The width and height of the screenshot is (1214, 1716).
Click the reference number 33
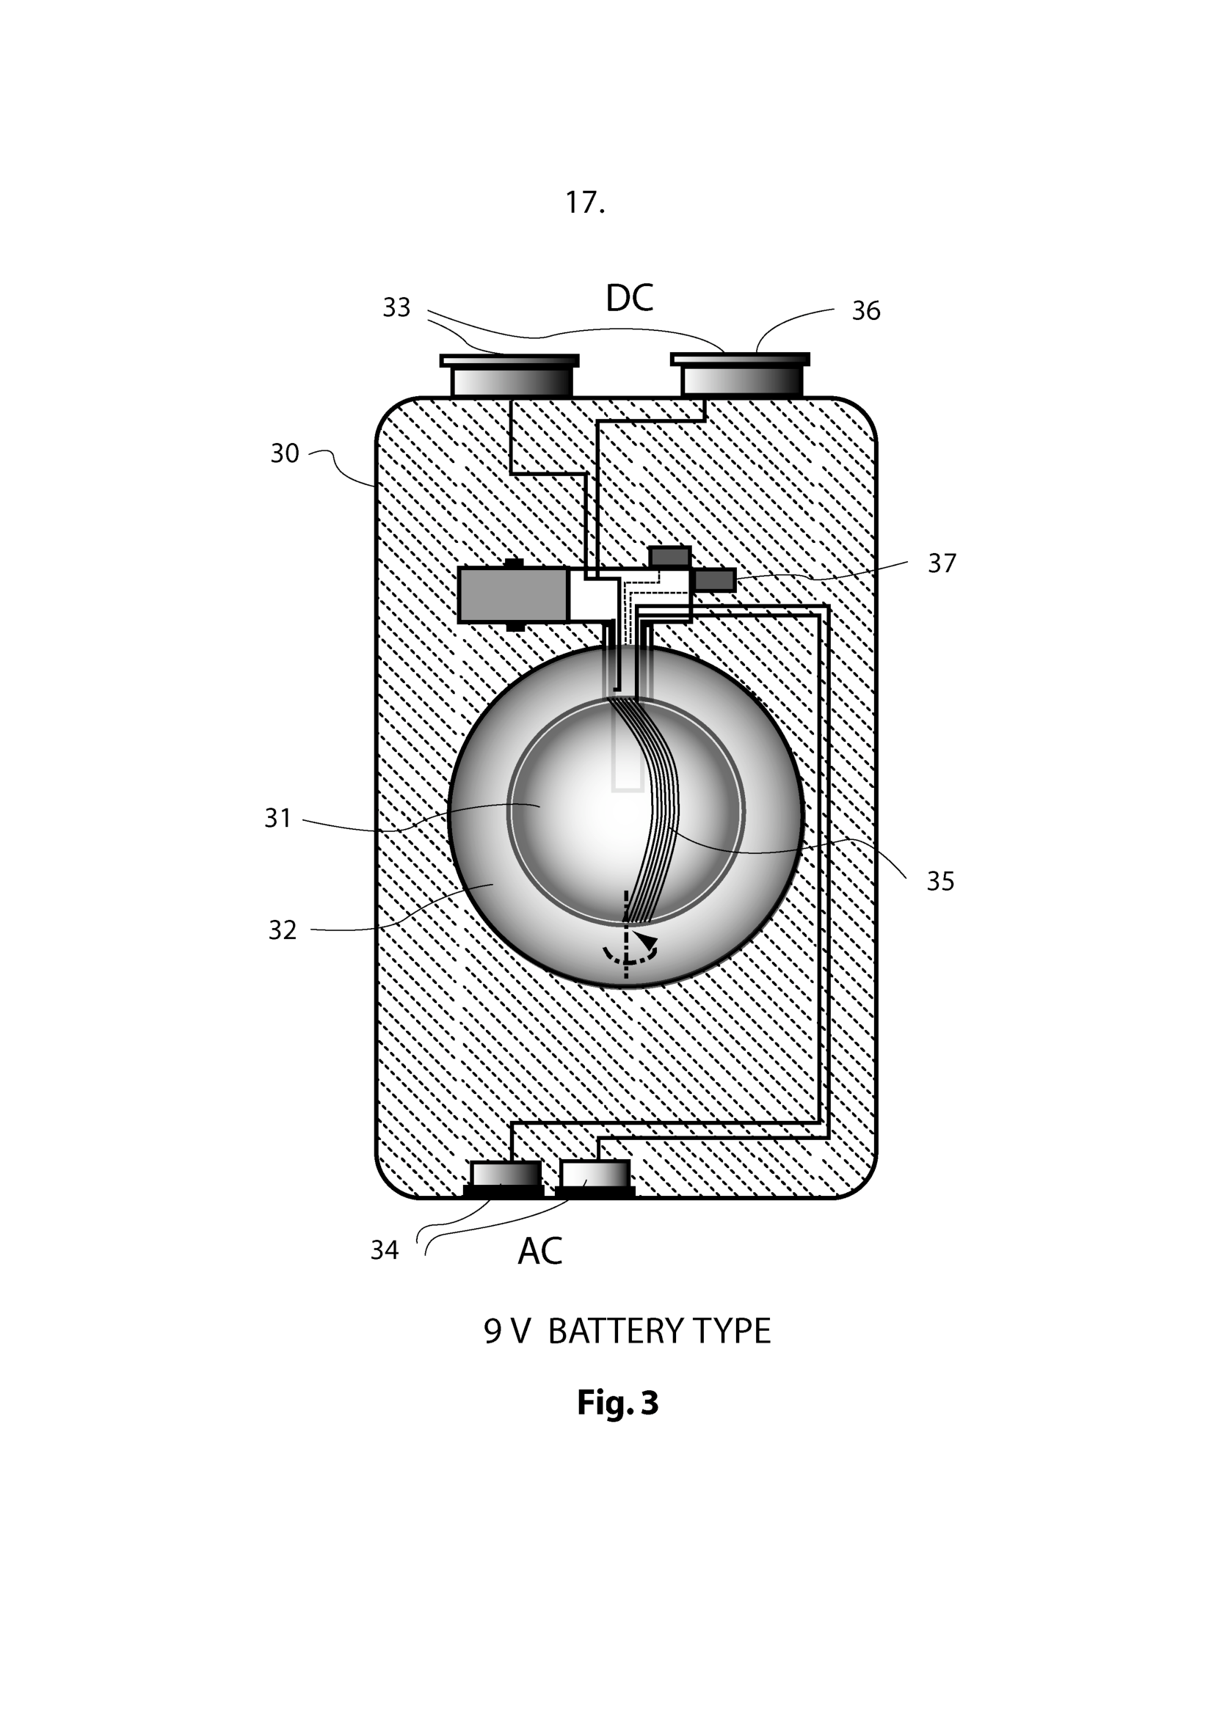coord(396,307)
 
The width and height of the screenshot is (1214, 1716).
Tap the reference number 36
coord(865,310)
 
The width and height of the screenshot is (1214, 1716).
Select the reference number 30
coord(284,453)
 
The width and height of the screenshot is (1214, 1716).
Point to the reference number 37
coord(941,563)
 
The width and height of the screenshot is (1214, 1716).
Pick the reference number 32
coord(282,930)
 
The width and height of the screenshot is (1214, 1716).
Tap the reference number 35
coord(939,881)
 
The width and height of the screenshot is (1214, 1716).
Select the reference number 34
coord(384,1249)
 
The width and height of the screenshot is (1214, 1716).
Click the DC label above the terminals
coord(629,298)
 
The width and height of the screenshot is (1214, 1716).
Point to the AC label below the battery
coord(539,1251)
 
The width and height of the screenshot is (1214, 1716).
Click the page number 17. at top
coord(584,202)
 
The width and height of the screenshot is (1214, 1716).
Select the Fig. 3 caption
coord(617,1403)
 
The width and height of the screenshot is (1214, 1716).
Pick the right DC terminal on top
coord(741,376)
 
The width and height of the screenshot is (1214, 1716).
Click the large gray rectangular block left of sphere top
coord(513,595)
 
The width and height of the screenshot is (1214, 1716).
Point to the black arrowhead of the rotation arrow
coord(644,941)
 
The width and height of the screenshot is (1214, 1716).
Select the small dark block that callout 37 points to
coord(716,580)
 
